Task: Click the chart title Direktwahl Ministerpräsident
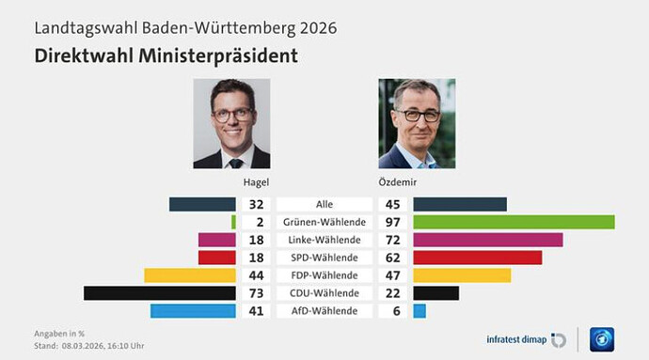166,55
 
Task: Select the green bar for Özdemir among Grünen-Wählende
514,222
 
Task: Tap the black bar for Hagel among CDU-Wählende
159,293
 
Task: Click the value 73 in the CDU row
254,293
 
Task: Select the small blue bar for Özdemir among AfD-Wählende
419,311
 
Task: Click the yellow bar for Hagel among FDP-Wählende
189,275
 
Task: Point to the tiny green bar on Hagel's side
233,222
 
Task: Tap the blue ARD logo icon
602,339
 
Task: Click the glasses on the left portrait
230,115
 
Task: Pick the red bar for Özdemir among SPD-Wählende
477,258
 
